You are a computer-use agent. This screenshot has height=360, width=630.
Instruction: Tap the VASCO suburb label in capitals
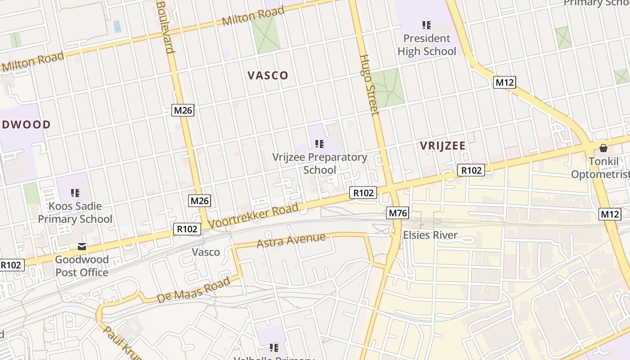click(x=268, y=75)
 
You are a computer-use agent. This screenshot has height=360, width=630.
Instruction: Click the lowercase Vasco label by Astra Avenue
click(x=206, y=252)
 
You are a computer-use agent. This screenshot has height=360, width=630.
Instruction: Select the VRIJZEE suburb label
click(x=443, y=146)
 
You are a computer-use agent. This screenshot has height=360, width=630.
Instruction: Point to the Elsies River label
click(x=430, y=235)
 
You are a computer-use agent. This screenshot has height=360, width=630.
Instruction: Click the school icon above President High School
click(x=426, y=25)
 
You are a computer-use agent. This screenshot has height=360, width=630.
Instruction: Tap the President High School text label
click(x=427, y=45)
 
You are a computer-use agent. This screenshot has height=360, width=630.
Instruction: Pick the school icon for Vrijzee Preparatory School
click(x=319, y=144)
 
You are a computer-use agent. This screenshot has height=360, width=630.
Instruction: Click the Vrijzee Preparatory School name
click(x=319, y=163)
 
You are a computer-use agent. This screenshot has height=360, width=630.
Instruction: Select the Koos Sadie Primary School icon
click(x=75, y=193)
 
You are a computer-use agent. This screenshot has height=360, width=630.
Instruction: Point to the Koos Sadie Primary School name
click(x=75, y=212)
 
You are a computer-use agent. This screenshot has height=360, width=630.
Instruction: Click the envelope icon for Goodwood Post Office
click(x=82, y=247)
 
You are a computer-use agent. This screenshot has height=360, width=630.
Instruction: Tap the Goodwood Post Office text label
click(x=82, y=266)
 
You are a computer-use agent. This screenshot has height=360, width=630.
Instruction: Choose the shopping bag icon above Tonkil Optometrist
click(x=603, y=148)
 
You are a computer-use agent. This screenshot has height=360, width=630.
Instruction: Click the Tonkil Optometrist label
click(x=601, y=168)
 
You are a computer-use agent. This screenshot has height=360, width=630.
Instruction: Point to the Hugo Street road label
click(x=369, y=85)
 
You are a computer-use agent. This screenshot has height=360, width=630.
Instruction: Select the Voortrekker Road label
click(x=253, y=216)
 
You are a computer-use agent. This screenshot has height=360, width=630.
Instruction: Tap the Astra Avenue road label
click(x=291, y=240)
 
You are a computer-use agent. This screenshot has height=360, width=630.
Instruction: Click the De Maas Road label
click(x=193, y=291)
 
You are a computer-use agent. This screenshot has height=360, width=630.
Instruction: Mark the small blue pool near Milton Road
click(x=117, y=26)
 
